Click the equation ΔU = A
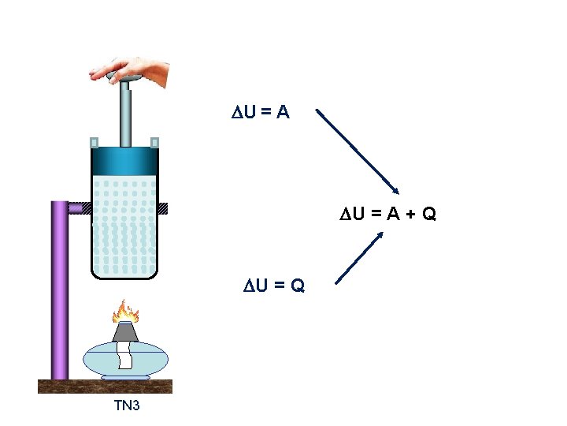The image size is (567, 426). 260,113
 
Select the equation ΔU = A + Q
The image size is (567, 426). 387,213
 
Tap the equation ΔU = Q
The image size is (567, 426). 273,284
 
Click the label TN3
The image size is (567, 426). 127,406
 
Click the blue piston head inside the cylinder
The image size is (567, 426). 124,161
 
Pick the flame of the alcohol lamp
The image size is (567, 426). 125,312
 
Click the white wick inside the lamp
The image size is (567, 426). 126,355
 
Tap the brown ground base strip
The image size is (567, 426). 105,386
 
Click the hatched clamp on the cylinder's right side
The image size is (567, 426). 163,208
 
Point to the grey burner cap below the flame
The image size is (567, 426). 126,332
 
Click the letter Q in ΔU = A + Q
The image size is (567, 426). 429,213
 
